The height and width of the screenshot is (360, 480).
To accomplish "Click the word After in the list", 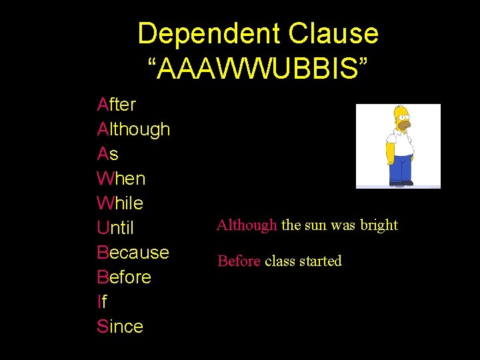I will [x=117, y=105].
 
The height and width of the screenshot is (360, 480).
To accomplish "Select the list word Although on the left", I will [x=133, y=129].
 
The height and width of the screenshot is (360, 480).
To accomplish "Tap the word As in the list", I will [x=107, y=154].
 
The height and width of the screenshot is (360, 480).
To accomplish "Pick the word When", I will [x=121, y=179].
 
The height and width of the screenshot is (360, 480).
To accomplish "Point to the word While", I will [x=120, y=203].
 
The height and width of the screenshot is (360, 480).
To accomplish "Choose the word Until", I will [x=115, y=228].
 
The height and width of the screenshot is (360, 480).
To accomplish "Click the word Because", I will [x=133, y=253].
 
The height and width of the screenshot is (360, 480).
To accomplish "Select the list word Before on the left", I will [x=124, y=277].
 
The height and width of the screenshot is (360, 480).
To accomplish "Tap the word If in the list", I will [x=101, y=302].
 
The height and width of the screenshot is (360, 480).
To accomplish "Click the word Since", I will [x=120, y=327].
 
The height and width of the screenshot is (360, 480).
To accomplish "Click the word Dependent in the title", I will [x=209, y=34].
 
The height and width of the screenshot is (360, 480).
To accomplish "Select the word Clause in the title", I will [x=334, y=34].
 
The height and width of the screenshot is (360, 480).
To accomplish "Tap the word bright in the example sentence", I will [x=379, y=225].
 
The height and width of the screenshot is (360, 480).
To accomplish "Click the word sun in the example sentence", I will [x=315, y=225].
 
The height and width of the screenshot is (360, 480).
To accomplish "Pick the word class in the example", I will [x=279, y=261].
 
